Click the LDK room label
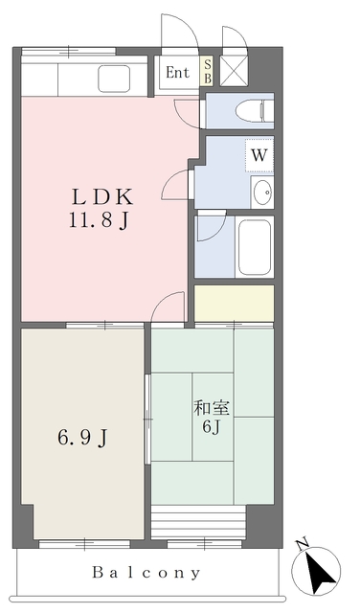pos(102,197)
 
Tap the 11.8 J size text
pos(100,221)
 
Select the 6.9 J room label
pos(83,438)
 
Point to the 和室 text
pos(212,409)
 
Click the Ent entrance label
pos(177,73)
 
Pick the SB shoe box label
pos(208,71)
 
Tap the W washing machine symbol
pos(259,155)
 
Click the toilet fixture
pos(255,111)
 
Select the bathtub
pos(255,247)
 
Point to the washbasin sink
pos(262,193)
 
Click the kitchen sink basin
pos(114,79)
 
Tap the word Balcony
pos(146,573)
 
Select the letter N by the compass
pos(302,545)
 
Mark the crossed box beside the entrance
pos(234,70)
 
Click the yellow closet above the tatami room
pos(235,303)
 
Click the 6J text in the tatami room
pos(212,427)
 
